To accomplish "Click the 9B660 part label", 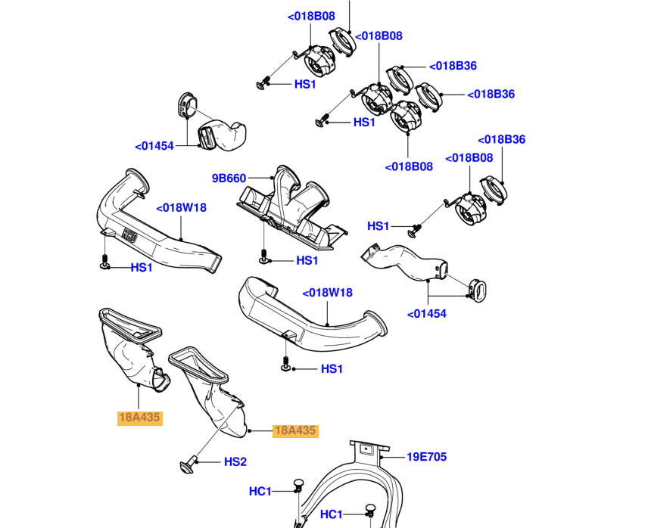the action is click(229, 179).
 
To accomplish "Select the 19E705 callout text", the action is click(426, 457).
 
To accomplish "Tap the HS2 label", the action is click(235, 462).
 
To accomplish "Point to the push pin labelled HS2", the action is click(188, 464).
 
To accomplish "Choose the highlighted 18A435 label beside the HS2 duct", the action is click(295, 430).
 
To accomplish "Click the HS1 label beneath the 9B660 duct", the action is click(307, 260).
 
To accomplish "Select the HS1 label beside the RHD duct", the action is click(142, 268).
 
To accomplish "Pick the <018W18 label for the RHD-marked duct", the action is click(181, 208).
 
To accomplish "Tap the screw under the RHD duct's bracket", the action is click(104, 262).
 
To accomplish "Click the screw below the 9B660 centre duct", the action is click(263, 256).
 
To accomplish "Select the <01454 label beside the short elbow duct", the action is click(154, 146).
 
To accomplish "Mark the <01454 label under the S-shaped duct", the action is click(426, 314).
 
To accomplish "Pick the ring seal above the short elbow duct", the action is click(188, 105).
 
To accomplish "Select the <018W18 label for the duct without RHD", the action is click(328, 293).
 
